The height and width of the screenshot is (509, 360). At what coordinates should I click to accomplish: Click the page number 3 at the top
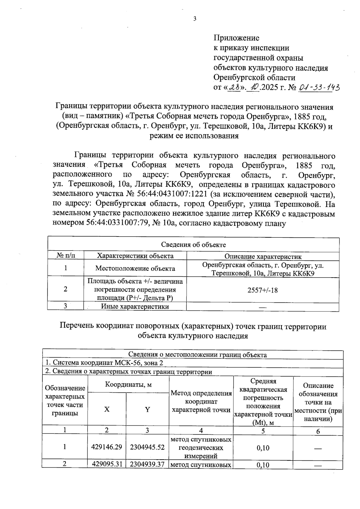pos(194,19)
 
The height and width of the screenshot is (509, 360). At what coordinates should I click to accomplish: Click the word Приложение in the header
pos(236,38)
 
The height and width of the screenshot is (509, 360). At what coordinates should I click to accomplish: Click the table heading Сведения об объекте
pos(193,245)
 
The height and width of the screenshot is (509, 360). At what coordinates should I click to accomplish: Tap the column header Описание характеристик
pos(263,257)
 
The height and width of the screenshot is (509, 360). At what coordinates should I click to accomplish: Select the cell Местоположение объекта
pos(135,268)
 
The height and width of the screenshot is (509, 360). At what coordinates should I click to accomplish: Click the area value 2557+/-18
pos(262,290)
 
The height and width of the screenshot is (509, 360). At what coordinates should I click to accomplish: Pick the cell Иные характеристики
pos(135,306)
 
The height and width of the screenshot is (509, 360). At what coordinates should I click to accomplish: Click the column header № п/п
pos(66,256)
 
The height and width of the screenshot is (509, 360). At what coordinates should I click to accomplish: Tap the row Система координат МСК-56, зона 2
pos(104,363)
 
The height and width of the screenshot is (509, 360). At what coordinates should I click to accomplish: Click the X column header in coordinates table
pos(107,409)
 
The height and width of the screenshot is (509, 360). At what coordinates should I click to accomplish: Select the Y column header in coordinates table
pos(147,409)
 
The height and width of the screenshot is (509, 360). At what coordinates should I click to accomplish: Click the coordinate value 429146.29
pos(107,447)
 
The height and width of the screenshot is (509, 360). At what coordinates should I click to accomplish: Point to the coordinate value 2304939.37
pos(147,464)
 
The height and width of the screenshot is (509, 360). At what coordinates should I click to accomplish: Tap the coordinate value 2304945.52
pos(147,447)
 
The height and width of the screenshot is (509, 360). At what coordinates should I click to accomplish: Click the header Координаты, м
pos(128,384)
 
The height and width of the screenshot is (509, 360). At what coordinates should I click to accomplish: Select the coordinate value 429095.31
pos(107,464)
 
